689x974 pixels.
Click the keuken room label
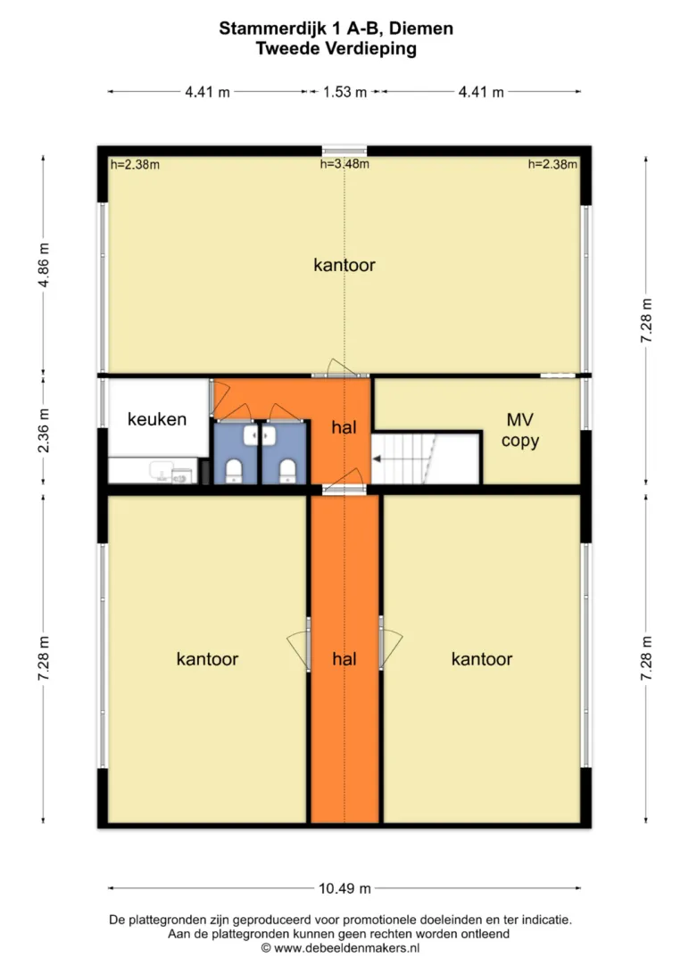[157, 419]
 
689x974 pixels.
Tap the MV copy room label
[520, 430]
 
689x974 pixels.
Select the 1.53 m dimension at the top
[344, 92]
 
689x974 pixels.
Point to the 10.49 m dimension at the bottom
[344, 888]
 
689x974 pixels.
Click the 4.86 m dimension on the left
[44, 265]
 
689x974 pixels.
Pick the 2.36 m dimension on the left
[44, 430]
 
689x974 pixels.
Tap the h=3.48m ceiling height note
[344, 164]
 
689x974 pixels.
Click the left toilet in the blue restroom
[234, 471]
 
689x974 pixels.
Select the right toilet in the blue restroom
[287, 471]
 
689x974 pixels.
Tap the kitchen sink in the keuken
[161, 471]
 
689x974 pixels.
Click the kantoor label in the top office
[344, 265]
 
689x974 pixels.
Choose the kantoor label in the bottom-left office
[208, 659]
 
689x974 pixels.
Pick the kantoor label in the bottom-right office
[482, 659]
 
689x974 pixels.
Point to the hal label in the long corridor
[344, 659]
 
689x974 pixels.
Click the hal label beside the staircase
[344, 427]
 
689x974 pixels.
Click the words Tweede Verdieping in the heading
[336, 48]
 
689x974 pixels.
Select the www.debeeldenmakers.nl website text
[346, 948]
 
